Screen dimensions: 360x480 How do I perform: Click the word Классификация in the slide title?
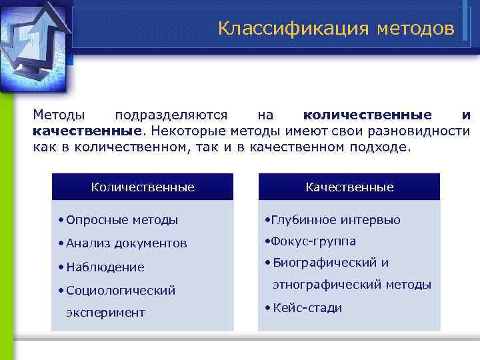pos(293,29)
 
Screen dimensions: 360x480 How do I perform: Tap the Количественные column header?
pos(143,187)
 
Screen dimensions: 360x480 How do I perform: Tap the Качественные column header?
pos(349,187)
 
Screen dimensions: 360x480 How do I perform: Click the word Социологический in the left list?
pos(121,290)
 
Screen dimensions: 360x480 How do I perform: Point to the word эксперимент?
pos(105,313)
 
